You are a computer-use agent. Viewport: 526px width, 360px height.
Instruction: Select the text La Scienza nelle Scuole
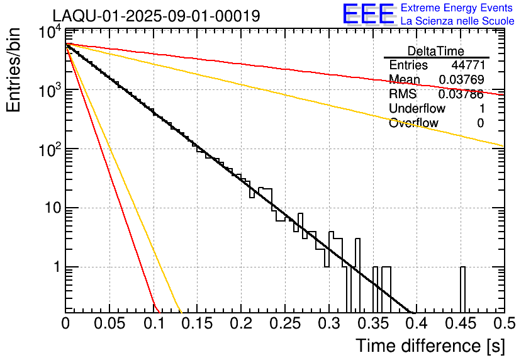click(x=457, y=21)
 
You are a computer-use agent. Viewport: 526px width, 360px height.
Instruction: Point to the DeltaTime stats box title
click(x=435, y=51)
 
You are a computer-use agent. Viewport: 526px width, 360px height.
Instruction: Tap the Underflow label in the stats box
click(x=417, y=108)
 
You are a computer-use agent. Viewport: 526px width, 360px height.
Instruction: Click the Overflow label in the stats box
click(x=413, y=123)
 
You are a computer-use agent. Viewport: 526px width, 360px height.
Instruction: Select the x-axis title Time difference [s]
click(x=430, y=346)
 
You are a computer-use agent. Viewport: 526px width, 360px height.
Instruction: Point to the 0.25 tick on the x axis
click(x=284, y=324)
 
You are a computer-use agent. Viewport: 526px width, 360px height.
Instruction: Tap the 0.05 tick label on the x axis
click(x=109, y=324)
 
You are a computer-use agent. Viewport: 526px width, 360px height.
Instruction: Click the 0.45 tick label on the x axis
click(x=459, y=324)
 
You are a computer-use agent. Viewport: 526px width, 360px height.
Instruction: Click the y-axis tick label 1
click(x=55, y=267)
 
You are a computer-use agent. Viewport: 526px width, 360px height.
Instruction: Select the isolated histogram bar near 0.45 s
click(x=462, y=290)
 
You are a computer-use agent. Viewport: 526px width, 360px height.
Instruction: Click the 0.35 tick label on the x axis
click(x=372, y=324)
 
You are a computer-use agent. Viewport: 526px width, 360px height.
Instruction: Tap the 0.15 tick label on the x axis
click(x=197, y=324)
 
